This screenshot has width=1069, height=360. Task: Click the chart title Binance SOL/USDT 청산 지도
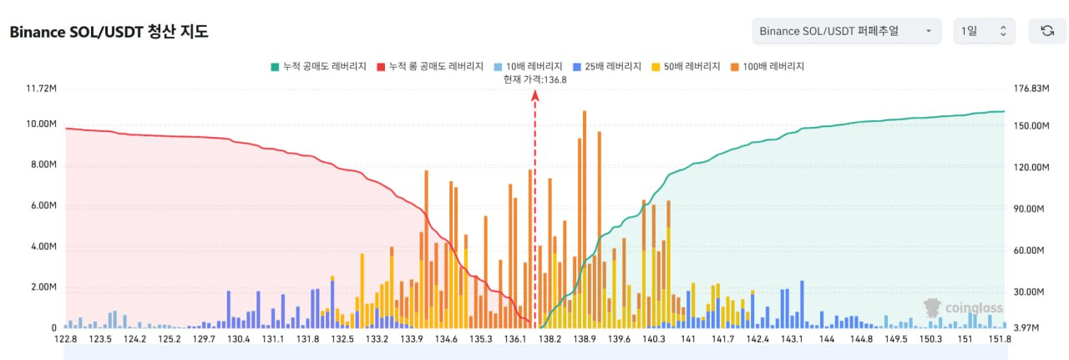pyautogui.click(x=109, y=33)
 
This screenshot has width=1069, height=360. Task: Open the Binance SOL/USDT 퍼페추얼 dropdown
pyautogui.click(x=846, y=31)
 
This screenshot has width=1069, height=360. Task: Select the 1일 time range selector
pyautogui.click(x=984, y=31)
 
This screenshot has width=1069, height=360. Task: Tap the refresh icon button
pyautogui.click(x=1046, y=31)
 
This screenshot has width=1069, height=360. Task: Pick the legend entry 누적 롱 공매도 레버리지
pyautogui.click(x=430, y=66)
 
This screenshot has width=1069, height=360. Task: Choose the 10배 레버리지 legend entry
pyautogui.click(x=528, y=66)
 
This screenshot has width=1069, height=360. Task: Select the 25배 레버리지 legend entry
pyautogui.click(x=607, y=66)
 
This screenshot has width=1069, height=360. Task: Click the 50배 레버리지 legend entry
pyautogui.click(x=686, y=66)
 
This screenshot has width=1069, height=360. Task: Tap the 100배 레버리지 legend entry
pyautogui.click(x=767, y=66)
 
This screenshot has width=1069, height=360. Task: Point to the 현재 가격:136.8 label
pyautogui.click(x=534, y=79)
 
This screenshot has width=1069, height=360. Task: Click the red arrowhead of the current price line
pyautogui.click(x=534, y=94)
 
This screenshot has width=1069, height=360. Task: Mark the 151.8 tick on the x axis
pyautogui.click(x=1000, y=339)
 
